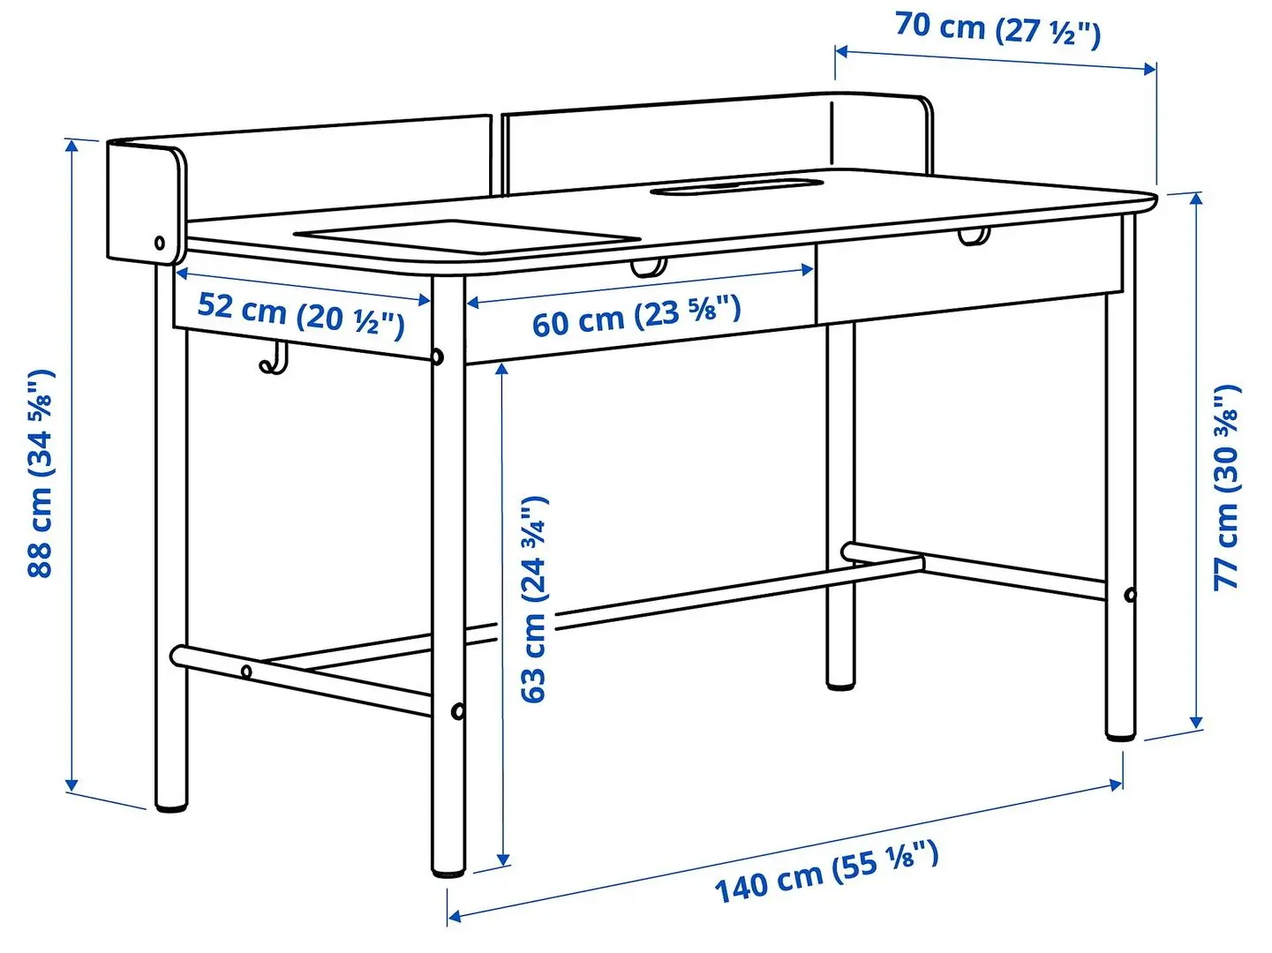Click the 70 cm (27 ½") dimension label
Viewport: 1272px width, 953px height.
tap(997, 29)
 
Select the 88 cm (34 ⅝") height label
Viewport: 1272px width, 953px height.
tap(41, 474)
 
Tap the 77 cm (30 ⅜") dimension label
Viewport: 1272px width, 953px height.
tap(1227, 487)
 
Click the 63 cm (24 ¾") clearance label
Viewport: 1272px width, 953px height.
tap(534, 600)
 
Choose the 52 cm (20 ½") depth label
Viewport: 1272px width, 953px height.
tap(300, 314)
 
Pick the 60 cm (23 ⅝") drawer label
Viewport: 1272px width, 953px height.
tap(636, 316)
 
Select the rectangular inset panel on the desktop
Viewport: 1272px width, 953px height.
tap(466, 233)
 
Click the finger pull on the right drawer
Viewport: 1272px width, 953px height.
tap(974, 236)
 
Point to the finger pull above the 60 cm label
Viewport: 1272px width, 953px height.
tap(648, 266)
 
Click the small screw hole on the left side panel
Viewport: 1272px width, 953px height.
tap(160, 243)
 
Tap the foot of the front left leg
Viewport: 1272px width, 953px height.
tap(449, 869)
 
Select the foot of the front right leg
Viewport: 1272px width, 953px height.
tap(1121, 731)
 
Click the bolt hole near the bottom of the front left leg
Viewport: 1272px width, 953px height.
tap(457, 711)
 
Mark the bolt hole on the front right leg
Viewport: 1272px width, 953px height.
tap(1130, 595)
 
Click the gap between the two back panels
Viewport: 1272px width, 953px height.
tap(497, 154)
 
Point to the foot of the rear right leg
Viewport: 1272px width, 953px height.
tap(841, 681)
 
